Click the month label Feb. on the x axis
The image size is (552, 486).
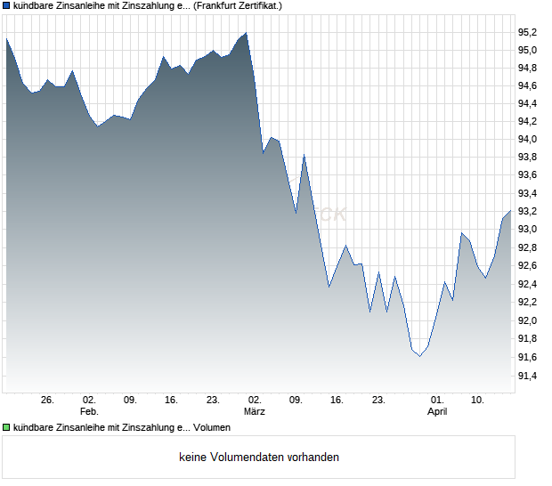click(88, 412)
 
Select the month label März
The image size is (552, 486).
click(255, 412)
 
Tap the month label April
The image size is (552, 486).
click(437, 412)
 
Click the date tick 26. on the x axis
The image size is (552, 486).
click(47, 401)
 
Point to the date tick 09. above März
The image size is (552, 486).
click(296, 401)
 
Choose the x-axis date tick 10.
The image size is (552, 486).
click(478, 401)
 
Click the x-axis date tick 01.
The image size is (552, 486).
click(437, 401)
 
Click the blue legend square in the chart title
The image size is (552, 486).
click(7, 5)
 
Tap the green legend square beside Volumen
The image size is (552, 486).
click(7, 427)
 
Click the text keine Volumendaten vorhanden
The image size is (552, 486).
click(258, 458)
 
